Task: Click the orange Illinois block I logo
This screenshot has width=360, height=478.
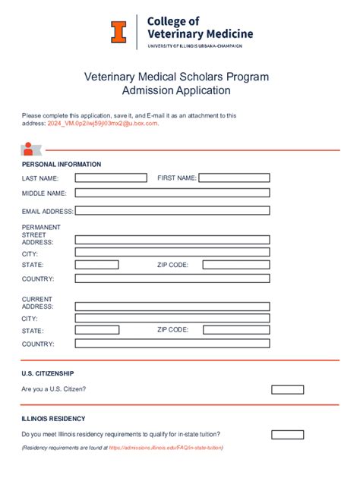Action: (x=118, y=31)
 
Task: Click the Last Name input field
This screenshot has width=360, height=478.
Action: (x=111, y=178)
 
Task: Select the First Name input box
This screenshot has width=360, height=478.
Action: (x=234, y=178)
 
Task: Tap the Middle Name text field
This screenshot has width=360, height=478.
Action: (x=172, y=193)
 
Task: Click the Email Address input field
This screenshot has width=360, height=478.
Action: (x=172, y=211)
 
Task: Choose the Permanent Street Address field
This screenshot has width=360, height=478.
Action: (x=172, y=240)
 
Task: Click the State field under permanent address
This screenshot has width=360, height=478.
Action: (x=97, y=265)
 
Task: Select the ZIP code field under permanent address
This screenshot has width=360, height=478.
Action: (x=236, y=265)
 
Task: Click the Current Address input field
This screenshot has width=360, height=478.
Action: (x=172, y=305)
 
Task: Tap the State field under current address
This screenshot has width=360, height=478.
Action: (x=97, y=330)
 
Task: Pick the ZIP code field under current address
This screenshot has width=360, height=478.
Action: (x=236, y=330)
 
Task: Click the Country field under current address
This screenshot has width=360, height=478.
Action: (x=172, y=344)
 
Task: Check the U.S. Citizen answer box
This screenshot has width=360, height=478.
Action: (x=287, y=389)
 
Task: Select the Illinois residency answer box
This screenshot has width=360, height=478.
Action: (x=287, y=435)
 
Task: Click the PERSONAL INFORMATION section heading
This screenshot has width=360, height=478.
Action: (x=62, y=164)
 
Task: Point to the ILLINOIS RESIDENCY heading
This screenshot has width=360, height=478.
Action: (x=53, y=419)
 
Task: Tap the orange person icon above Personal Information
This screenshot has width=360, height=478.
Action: (x=28, y=149)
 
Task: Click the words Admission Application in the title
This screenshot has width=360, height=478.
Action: (x=176, y=91)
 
